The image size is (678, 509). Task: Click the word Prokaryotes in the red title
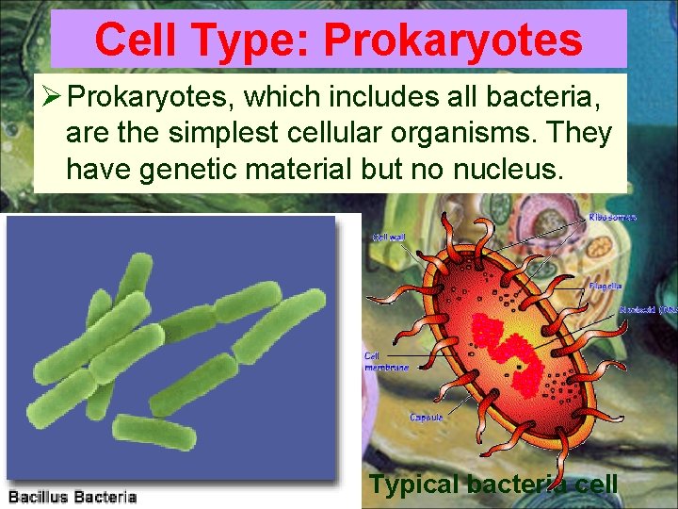pyautogui.click(x=453, y=41)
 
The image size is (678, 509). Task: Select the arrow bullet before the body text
pyautogui.click(x=52, y=96)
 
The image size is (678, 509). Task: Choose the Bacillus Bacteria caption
pyautogui.click(x=73, y=497)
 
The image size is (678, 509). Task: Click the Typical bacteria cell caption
pyautogui.click(x=493, y=484)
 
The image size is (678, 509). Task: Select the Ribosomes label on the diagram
pyautogui.click(x=612, y=218)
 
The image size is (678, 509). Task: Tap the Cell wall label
pyautogui.click(x=390, y=237)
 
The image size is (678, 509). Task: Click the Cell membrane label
pyautogui.click(x=386, y=362)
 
